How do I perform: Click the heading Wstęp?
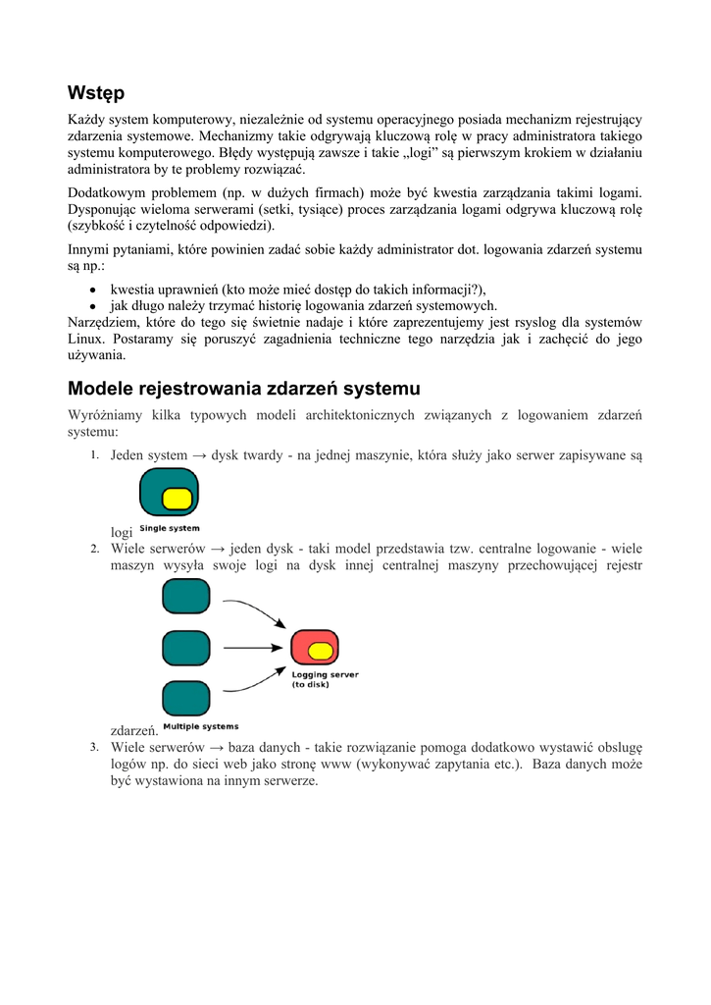96,93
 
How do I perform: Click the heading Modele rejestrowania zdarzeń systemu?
243,389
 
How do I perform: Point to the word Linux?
86,339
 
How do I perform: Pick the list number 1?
94,455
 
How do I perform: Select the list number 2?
94,549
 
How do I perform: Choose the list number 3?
94,747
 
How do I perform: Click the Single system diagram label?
169,529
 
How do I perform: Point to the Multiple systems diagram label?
200,727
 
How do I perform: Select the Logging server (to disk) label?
325,679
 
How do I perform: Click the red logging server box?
315,648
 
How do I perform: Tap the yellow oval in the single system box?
178,498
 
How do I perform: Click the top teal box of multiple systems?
186,596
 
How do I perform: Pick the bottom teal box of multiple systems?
186,698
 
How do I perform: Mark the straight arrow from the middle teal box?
253,648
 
